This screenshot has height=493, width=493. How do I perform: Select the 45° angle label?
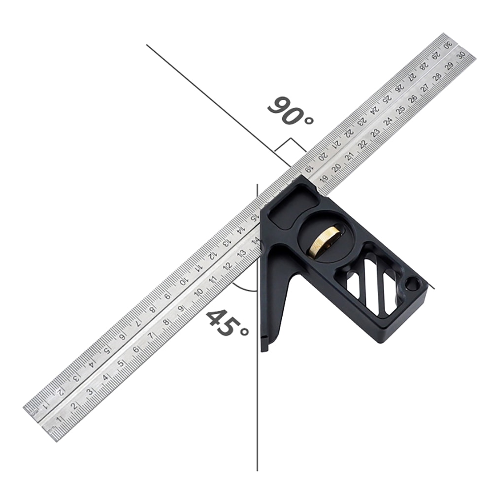coord(227,323)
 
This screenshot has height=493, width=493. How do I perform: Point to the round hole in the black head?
coord(412,284)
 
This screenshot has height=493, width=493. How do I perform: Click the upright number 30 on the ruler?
coord(461,56)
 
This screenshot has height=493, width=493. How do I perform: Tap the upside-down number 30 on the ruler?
coord(447,44)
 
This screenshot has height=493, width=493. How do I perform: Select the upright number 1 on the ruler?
coord(60,419)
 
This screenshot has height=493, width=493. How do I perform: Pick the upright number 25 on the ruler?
coord(400,110)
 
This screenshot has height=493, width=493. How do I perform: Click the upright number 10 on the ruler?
coord(198,292)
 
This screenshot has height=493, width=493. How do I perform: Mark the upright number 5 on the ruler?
coord(120,364)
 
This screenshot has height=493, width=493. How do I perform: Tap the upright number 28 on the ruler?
coord(437,77)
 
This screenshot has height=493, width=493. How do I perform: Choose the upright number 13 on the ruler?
coord(241,253)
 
